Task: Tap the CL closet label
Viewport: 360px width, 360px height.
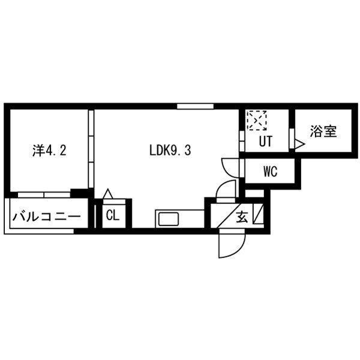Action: coord(112,215)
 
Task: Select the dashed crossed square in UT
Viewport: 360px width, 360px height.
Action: coord(257,121)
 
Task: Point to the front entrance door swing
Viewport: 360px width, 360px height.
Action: coord(231,243)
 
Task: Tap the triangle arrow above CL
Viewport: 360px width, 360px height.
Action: coord(108,193)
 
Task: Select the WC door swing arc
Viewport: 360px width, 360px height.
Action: coord(230,166)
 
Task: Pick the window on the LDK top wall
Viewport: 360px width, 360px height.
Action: coord(194,106)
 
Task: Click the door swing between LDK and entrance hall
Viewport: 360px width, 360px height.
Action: coord(227,191)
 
